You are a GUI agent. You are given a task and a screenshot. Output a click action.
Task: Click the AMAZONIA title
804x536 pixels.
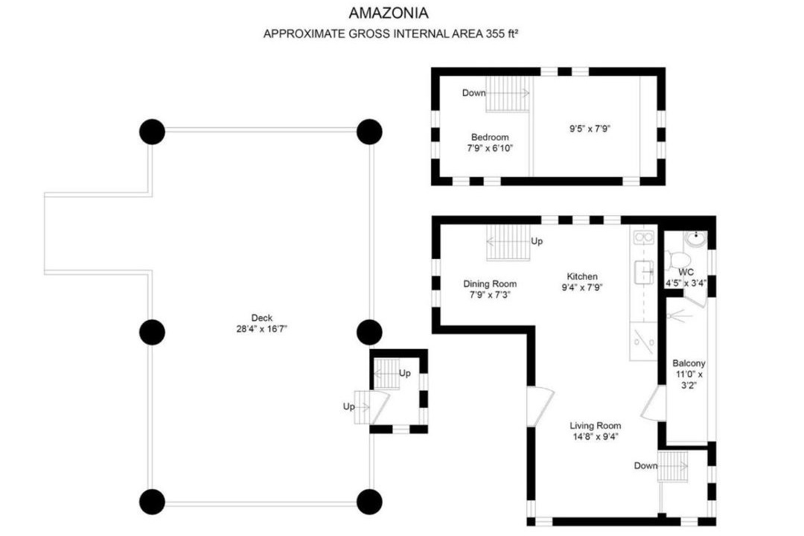tap(388, 13)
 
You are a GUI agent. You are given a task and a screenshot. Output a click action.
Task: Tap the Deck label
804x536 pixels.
tap(261, 317)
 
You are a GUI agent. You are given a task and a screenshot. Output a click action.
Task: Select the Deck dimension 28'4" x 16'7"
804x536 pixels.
tap(261, 329)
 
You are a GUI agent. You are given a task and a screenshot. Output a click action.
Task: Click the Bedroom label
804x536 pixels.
tap(490, 137)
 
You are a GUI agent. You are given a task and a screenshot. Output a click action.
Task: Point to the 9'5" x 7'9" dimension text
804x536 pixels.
tap(590, 129)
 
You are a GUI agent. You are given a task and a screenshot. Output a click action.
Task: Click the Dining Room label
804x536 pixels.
tap(490, 284)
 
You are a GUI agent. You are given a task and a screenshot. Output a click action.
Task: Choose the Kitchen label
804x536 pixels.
tap(582, 276)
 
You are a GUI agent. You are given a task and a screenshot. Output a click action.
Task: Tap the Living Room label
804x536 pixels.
tap(596, 425)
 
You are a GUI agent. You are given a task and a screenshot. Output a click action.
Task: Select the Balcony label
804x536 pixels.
tap(689, 363)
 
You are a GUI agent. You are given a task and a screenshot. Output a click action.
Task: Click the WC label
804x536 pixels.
tap(686, 272)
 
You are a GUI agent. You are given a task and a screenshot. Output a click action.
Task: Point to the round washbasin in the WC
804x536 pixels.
tap(696, 238)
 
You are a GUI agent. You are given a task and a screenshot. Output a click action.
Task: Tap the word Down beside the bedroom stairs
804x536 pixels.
tap(473, 93)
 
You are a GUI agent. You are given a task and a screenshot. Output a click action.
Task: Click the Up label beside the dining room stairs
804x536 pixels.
tap(537, 240)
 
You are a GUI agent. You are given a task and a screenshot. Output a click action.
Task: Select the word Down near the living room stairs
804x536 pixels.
tap(645, 465)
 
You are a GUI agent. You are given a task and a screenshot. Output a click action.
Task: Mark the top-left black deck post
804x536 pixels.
tap(153, 132)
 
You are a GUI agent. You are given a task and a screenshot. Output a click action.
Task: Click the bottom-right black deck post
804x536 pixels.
tap(369, 501)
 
